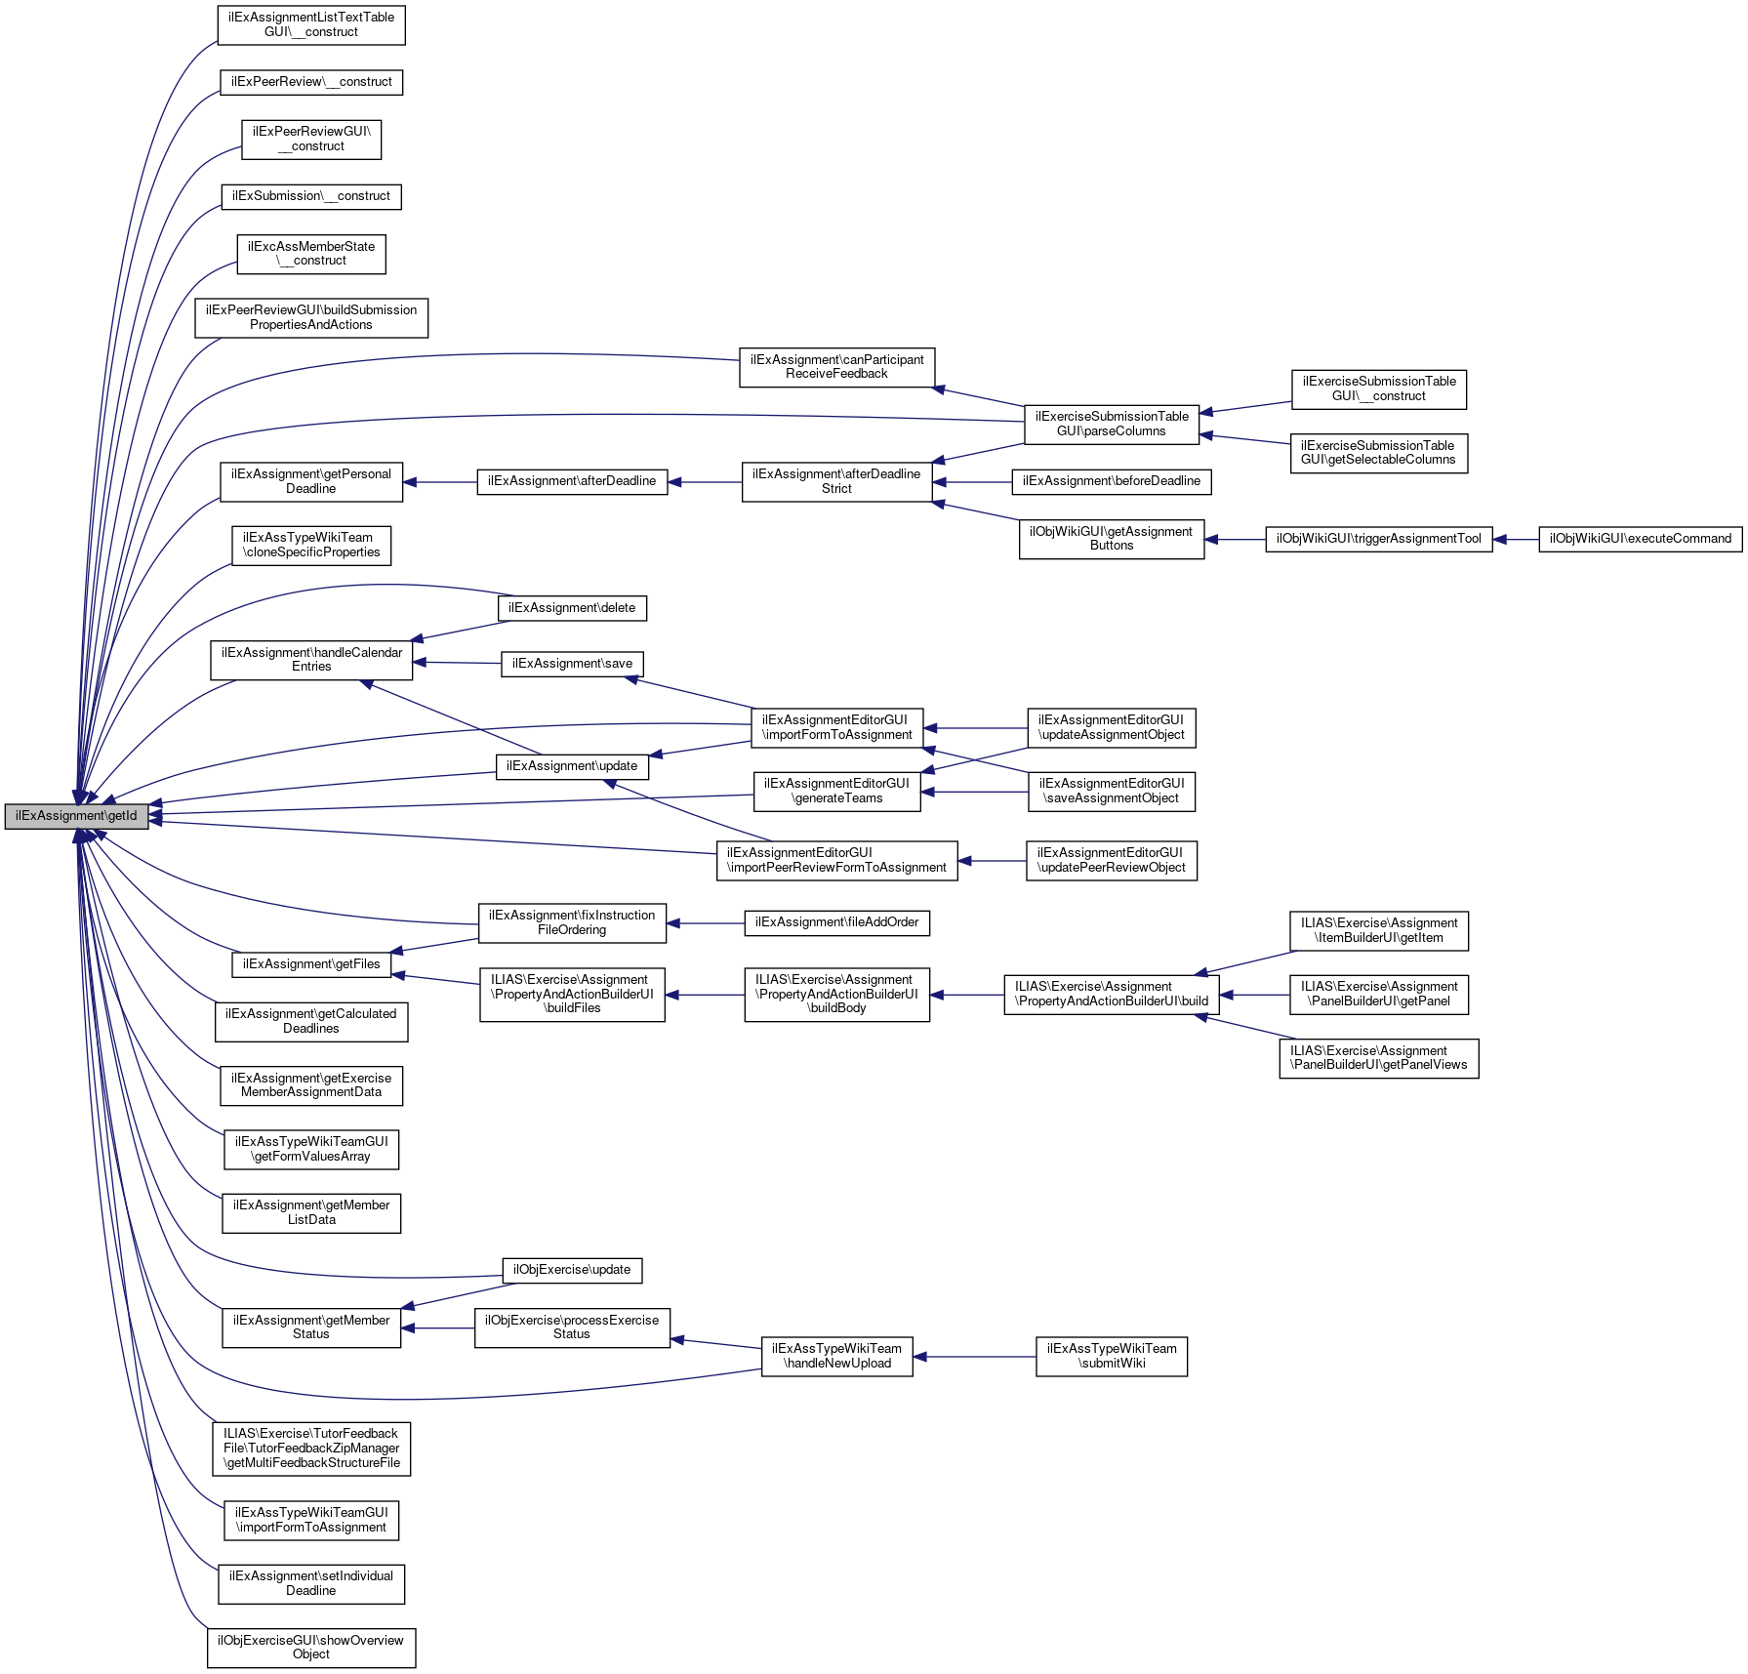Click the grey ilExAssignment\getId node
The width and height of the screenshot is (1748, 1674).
[x=76, y=816]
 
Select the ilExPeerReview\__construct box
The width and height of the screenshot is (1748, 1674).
[x=311, y=82]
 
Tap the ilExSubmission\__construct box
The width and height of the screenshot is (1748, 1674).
[x=311, y=196]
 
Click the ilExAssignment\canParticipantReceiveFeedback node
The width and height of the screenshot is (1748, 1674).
[x=836, y=367]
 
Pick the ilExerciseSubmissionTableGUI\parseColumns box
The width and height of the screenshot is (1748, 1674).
[x=1112, y=424]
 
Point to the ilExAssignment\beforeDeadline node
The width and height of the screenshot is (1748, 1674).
[x=1112, y=481]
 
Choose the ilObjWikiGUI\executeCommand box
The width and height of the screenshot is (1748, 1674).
[x=1640, y=539]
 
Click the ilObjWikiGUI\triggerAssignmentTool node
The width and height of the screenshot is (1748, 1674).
[x=1378, y=539]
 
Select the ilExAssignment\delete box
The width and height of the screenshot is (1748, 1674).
[x=572, y=608]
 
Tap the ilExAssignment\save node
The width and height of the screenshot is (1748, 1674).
[x=572, y=664]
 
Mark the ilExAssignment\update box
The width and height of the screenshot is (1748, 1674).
[x=572, y=766]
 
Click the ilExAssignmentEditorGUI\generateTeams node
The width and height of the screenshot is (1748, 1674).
[x=836, y=791]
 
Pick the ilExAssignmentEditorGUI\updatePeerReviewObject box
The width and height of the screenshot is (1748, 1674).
[x=1111, y=860]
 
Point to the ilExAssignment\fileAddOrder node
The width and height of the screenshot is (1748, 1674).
[x=836, y=922]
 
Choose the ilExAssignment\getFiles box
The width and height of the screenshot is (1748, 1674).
[x=311, y=964]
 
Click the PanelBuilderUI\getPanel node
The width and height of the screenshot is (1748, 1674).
[x=1378, y=994]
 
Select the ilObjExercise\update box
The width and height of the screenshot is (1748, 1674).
[x=572, y=1270]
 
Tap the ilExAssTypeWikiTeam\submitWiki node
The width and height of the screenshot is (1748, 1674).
[x=1111, y=1356]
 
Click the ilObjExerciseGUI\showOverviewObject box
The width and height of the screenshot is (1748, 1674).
[x=311, y=1647]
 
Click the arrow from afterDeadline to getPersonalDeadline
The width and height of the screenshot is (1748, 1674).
[x=439, y=482]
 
